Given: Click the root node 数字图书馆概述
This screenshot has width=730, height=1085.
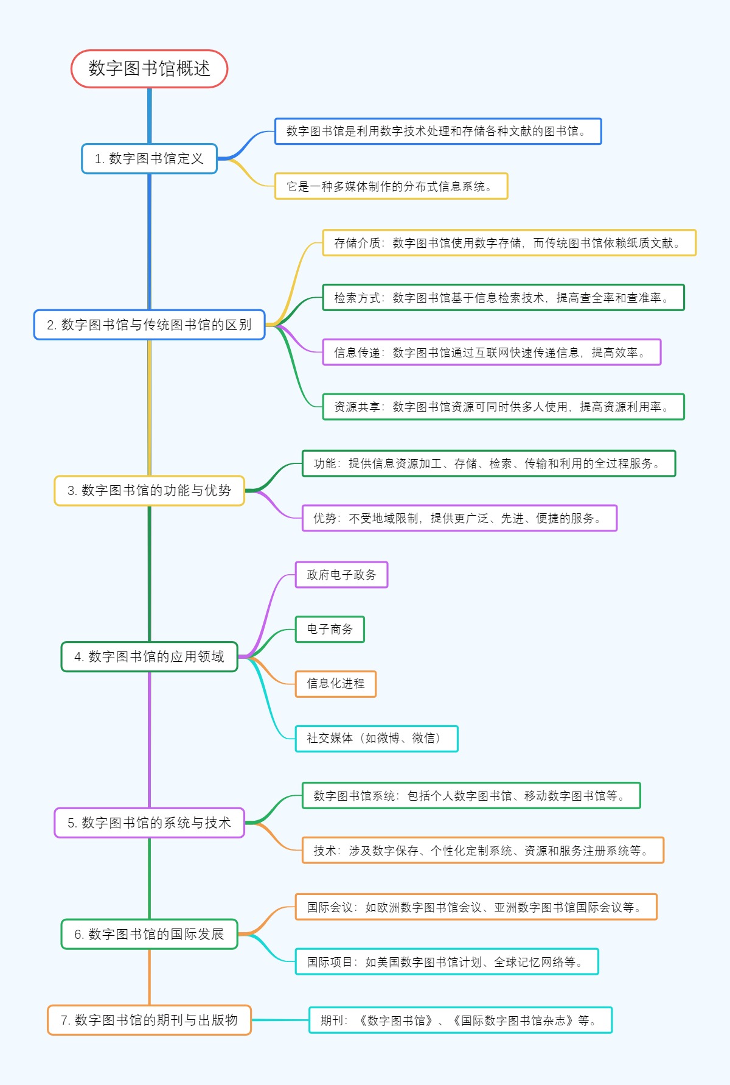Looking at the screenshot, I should [149, 69].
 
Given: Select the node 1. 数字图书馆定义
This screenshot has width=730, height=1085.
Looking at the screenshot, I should [149, 159].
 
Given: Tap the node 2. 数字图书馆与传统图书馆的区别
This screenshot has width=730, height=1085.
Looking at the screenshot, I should [149, 325].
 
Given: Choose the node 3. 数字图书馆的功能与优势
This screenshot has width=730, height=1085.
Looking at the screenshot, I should [149, 491].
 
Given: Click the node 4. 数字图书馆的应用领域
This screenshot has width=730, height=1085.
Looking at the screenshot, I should [149, 657].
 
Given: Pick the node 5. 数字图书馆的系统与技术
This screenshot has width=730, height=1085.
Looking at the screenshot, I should [149, 823].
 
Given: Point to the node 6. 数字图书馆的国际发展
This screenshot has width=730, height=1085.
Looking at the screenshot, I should [149, 934].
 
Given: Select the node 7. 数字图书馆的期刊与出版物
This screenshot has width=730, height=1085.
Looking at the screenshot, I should [149, 1020].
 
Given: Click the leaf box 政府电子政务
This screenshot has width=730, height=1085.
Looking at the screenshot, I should [341, 575].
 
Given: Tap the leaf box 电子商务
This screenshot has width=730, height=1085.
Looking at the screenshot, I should [330, 630].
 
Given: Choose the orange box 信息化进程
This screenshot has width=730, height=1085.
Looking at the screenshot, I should [335, 684].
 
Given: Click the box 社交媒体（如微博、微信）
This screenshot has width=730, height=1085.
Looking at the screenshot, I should [376, 739].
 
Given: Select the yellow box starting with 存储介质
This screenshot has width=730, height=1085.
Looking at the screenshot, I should [509, 243].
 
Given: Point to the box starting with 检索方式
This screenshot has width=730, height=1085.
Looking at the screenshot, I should [503, 298].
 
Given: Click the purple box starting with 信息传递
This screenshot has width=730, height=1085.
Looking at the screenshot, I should [492, 353].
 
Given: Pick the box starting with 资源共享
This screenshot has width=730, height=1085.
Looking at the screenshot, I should [503, 407].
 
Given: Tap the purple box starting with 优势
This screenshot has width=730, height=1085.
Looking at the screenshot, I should [459, 518].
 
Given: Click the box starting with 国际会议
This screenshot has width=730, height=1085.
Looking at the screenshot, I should [476, 907].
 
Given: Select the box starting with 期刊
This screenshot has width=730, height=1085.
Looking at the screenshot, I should [460, 1020].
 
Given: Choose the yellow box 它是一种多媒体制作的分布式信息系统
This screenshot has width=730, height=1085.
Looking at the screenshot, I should [391, 186].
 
